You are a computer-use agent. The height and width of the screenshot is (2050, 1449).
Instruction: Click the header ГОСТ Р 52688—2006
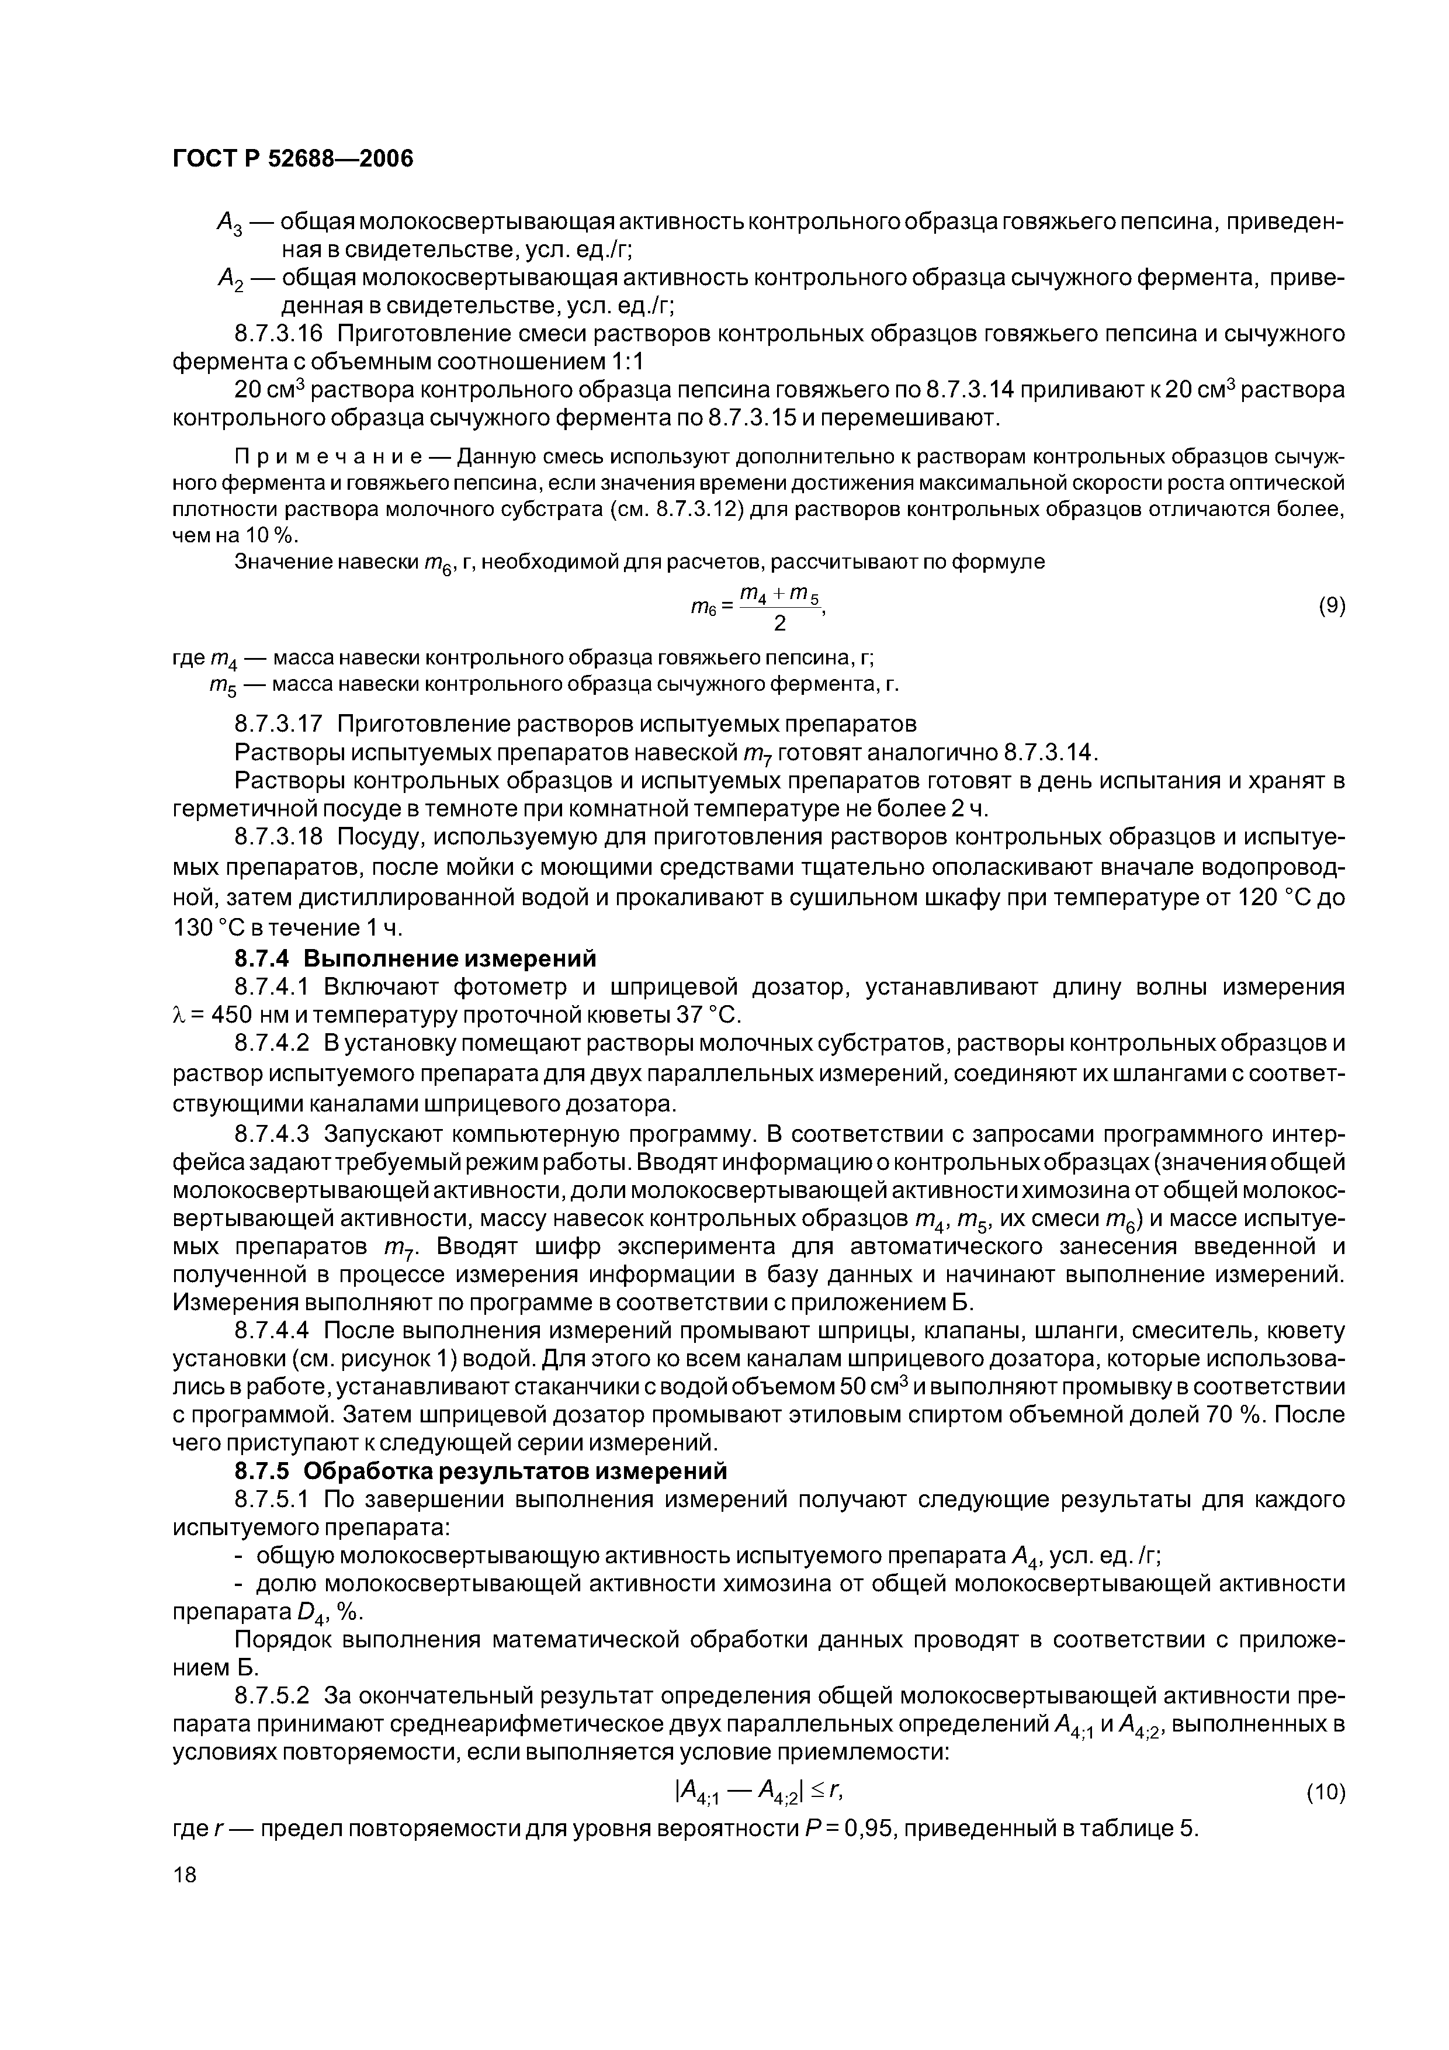tap(292, 159)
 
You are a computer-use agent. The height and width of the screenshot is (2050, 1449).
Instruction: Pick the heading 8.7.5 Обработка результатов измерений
tap(480, 1470)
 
